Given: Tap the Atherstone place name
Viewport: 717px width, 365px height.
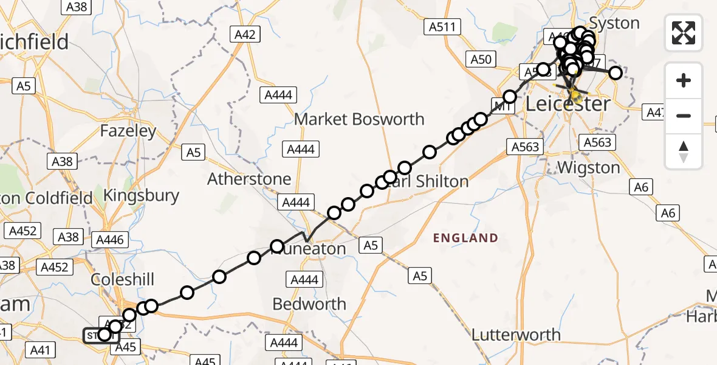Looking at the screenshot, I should (x=249, y=179).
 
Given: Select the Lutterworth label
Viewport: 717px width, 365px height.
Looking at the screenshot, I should (x=516, y=335).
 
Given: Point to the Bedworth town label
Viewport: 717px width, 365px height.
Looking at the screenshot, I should (x=309, y=304).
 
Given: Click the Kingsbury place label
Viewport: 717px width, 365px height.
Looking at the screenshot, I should (x=142, y=195).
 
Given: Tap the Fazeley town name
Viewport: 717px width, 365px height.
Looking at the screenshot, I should (x=128, y=131).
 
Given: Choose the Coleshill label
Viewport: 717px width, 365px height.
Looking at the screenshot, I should (x=122, y=279).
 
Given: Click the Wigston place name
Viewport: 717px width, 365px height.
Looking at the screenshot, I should (x=588, y=167).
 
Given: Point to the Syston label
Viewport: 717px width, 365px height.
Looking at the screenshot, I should (x=614, y=24).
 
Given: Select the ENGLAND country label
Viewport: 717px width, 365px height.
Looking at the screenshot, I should (x=465, y=238).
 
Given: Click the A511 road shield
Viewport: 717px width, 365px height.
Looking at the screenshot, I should (x=442, y=27).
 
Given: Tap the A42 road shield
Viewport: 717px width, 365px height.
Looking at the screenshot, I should (x=245, y=35).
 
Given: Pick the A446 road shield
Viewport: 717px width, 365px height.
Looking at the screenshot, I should (x=110, y=240).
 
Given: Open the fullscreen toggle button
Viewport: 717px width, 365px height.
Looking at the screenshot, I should (x=684, y=33).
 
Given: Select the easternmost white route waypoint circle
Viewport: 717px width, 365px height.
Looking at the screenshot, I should (x=616, y=73).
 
